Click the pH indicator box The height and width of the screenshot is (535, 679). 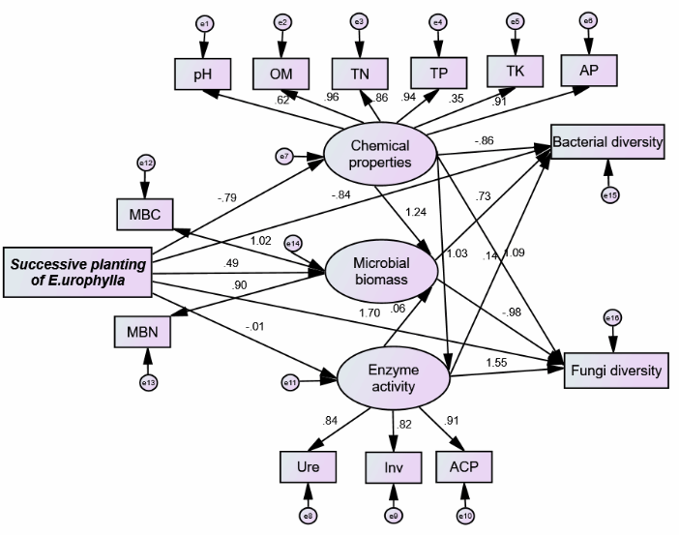(x=202, y=73)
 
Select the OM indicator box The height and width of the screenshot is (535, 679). (x=280, y=73)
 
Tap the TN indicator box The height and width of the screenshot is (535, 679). (x=359, y=73)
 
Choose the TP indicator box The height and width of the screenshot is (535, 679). (x=438, y=73)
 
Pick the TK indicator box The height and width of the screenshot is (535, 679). (x=514, y=71)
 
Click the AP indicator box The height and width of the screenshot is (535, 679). (x=587, y=71)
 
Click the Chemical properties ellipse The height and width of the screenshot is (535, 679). (x=380, y=154)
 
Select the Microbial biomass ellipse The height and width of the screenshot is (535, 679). (x=381, y=272)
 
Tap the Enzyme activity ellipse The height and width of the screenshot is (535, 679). (x=392, y=377)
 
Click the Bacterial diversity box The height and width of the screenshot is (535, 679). (x=607, y=143)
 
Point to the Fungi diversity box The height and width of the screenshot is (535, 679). (x=614, y=370)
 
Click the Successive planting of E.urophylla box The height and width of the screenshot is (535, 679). (x=76, y=272)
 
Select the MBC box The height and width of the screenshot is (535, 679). (x=144, y=214)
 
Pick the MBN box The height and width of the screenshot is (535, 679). (x=143, y=334)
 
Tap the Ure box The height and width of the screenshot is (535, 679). (x=308, y=468)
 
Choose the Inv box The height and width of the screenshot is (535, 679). (x=393, y=468)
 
